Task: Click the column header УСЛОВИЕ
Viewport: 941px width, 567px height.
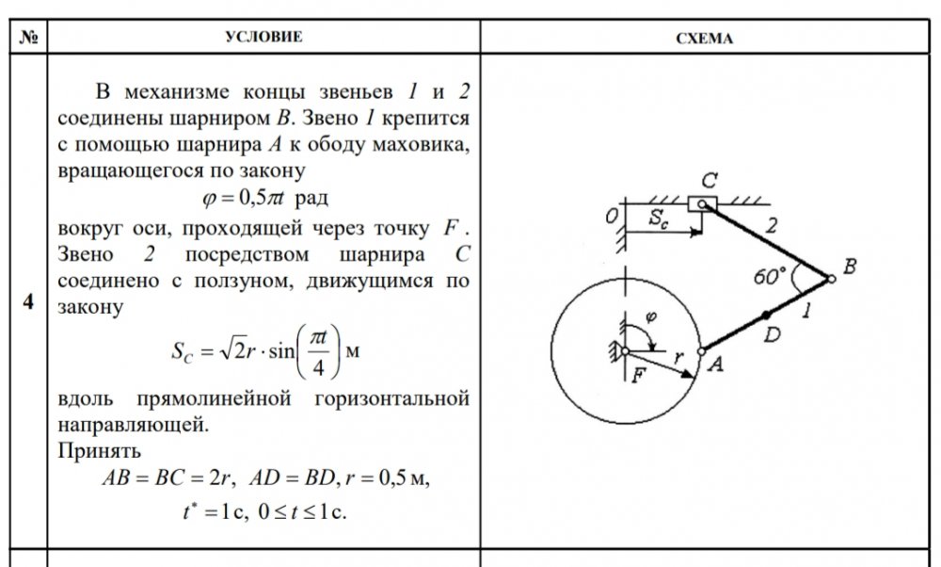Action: (263, 37)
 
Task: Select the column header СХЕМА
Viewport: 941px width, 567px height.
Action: (704, 39)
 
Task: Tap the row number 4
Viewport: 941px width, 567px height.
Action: (28, 300)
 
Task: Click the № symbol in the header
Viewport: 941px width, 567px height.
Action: (28, 38)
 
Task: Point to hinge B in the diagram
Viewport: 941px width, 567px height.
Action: (831, 279)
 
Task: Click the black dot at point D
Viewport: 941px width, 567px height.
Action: (766, 315)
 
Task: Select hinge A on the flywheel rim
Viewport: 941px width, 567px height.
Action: (701, 351)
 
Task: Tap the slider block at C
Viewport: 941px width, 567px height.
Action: (702, 204)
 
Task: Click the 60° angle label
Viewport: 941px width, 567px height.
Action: (770, 276)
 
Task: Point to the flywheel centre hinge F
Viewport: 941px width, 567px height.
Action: (626, 350)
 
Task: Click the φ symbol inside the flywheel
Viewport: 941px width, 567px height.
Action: (650, 316)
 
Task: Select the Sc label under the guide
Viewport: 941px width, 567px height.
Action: (659, 219)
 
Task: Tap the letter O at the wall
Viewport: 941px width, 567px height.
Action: (611, 217)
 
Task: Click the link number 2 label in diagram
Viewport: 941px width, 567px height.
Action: (772, 225)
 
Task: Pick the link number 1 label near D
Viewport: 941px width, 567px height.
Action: (806, 311)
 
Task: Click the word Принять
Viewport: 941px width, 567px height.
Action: (100, 450)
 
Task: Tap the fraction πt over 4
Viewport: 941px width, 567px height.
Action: (318, 352)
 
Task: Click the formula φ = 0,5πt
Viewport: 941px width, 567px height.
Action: (264, 198)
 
